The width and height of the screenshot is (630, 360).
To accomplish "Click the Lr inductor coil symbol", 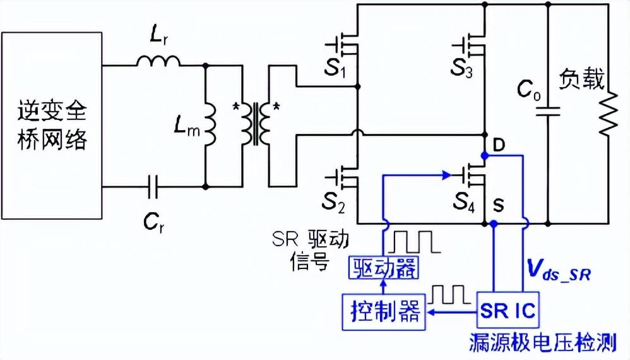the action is click(158, 61).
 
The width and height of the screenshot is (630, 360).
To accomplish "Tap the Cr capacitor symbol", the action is click(153, 187).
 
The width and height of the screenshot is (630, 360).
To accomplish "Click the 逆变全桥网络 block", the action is click(52, 125).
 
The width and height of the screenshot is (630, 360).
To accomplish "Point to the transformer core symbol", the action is click(255, 124).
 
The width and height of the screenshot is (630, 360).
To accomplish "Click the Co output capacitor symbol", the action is click(548, 111).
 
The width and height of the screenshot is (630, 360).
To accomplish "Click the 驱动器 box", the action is click(383, 268).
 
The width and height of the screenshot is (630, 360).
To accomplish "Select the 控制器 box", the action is click(384, 312).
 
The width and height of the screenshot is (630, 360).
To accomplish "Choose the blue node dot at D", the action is click(485, 155).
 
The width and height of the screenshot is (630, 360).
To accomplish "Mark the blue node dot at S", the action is click(494, 224).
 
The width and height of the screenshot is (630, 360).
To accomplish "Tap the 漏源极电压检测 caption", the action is click(543, 343).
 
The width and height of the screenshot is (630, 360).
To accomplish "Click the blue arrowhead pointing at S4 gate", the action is click(446, 175).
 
